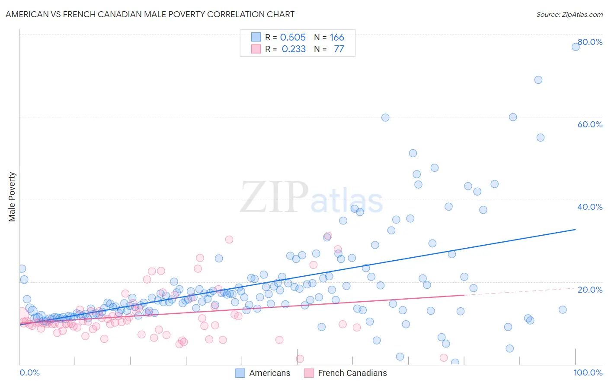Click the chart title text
150,14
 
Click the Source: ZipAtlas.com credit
569,14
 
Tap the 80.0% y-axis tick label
590,42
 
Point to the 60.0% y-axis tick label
590,124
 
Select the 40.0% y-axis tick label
590,207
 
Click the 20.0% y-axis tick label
590,289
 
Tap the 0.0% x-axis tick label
29,372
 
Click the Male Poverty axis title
12,197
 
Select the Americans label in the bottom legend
269,373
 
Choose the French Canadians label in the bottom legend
352,373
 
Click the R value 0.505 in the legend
293,38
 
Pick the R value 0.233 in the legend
294,49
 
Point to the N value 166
337,38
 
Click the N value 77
339,49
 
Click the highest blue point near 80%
576,47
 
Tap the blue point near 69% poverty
538,80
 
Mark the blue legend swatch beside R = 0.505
256,37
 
